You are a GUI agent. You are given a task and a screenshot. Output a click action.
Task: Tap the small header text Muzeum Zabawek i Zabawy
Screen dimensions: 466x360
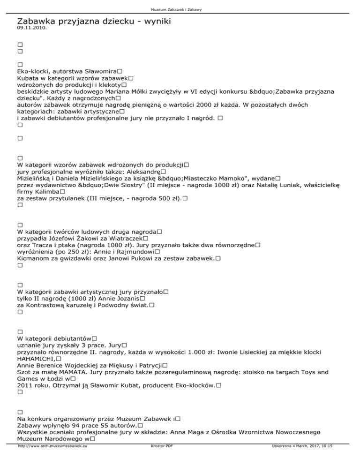click(x=180, y=9)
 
